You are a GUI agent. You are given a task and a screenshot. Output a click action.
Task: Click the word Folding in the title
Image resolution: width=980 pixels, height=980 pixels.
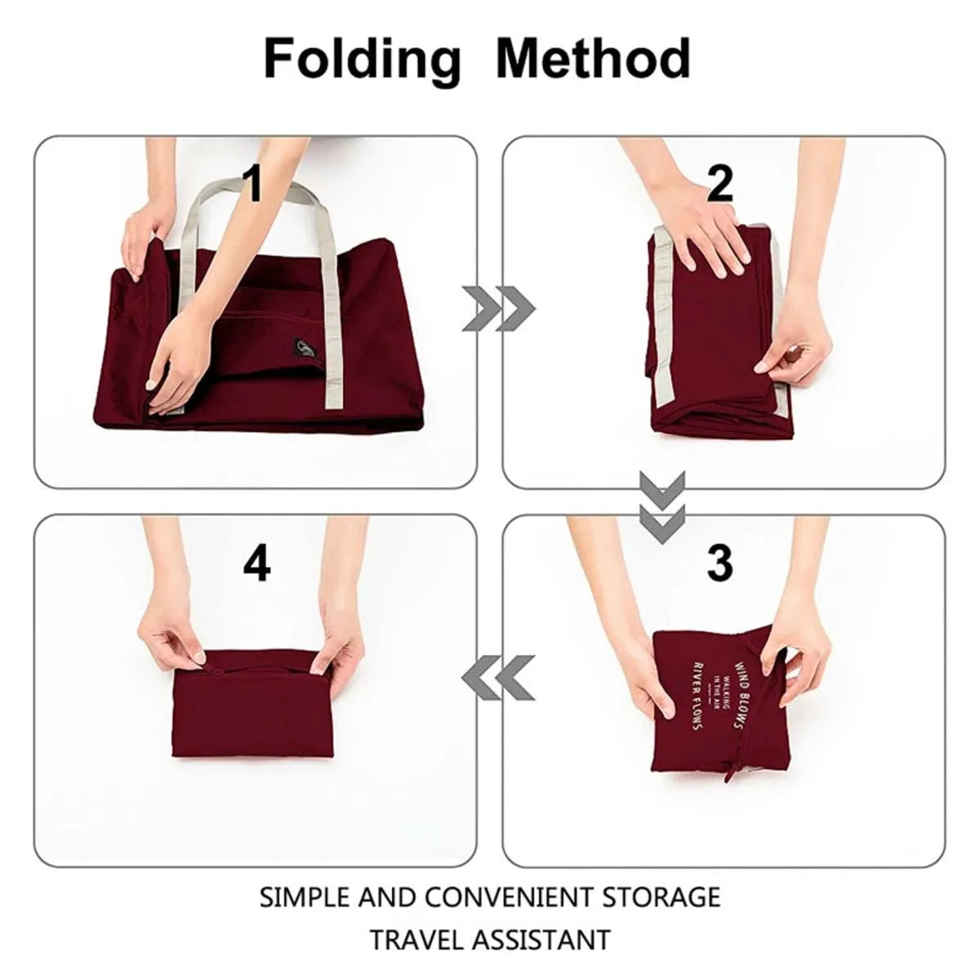pos(362,60)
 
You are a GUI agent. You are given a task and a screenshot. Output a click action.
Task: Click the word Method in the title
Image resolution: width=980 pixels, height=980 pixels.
pos(593,58)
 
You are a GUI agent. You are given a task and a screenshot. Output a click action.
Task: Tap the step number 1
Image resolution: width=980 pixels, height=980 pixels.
pos(254,184)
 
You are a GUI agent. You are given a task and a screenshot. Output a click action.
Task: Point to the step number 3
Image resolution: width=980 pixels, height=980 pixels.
pos(719,563)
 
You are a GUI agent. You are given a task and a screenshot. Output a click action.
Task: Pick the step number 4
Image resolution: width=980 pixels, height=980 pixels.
pos(256,563)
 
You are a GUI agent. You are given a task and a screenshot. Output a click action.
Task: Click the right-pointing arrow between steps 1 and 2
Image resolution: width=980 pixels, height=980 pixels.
pos(498,309)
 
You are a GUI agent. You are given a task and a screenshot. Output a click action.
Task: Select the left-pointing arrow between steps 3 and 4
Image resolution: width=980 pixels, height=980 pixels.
pos(498,679)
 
